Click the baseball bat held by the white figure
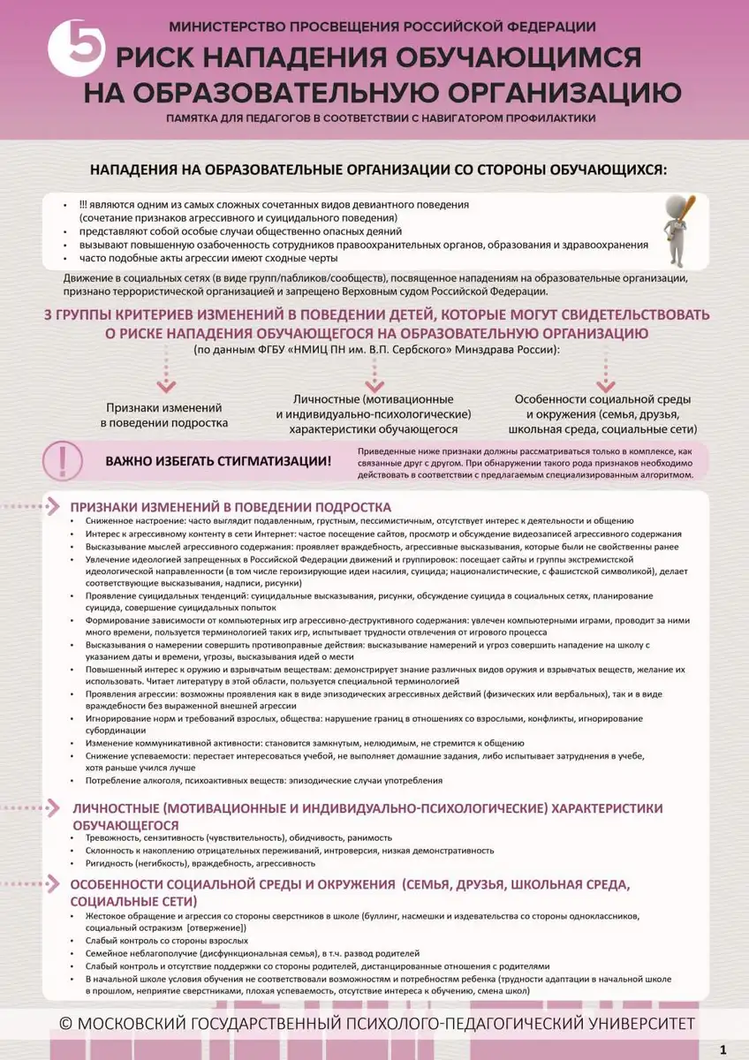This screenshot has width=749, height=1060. point(686,212)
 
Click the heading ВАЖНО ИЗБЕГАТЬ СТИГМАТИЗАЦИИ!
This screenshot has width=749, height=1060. point(219,462)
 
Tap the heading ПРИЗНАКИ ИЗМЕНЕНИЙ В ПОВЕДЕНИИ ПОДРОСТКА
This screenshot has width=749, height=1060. point(230,507)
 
